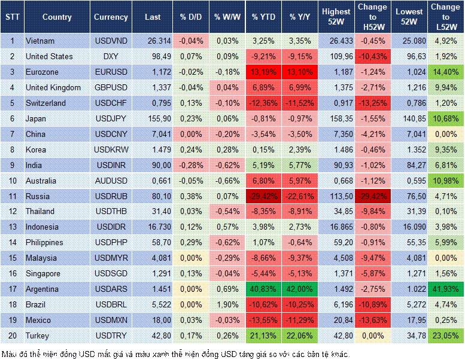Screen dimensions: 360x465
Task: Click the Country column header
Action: point(57,17)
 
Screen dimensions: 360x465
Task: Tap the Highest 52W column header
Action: point(336,17)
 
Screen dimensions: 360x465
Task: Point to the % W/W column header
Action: point(226,17)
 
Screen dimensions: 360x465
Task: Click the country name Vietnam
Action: point(41,41)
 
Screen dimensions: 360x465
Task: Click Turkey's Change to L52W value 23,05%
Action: point(445,335)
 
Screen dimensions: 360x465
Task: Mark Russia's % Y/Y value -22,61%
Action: point(300,196)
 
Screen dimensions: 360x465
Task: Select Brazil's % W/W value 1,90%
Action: point(226,304)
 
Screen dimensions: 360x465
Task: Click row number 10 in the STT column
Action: point(11,181)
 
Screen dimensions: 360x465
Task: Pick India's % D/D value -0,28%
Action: point(191,165)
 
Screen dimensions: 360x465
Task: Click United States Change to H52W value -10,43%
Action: point(373,56)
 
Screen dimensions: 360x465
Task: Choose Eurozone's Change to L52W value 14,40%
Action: point(445,72)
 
